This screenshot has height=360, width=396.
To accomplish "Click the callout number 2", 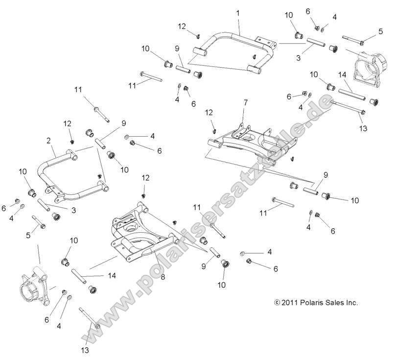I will [48, 141].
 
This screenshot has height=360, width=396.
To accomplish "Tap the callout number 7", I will [246, 103].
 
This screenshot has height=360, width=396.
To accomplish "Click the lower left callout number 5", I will [28, 236].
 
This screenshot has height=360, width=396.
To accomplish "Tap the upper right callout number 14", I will [342, 75].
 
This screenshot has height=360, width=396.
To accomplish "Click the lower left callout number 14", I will [112, 276].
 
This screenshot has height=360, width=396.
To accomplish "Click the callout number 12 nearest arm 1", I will [182, 25].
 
